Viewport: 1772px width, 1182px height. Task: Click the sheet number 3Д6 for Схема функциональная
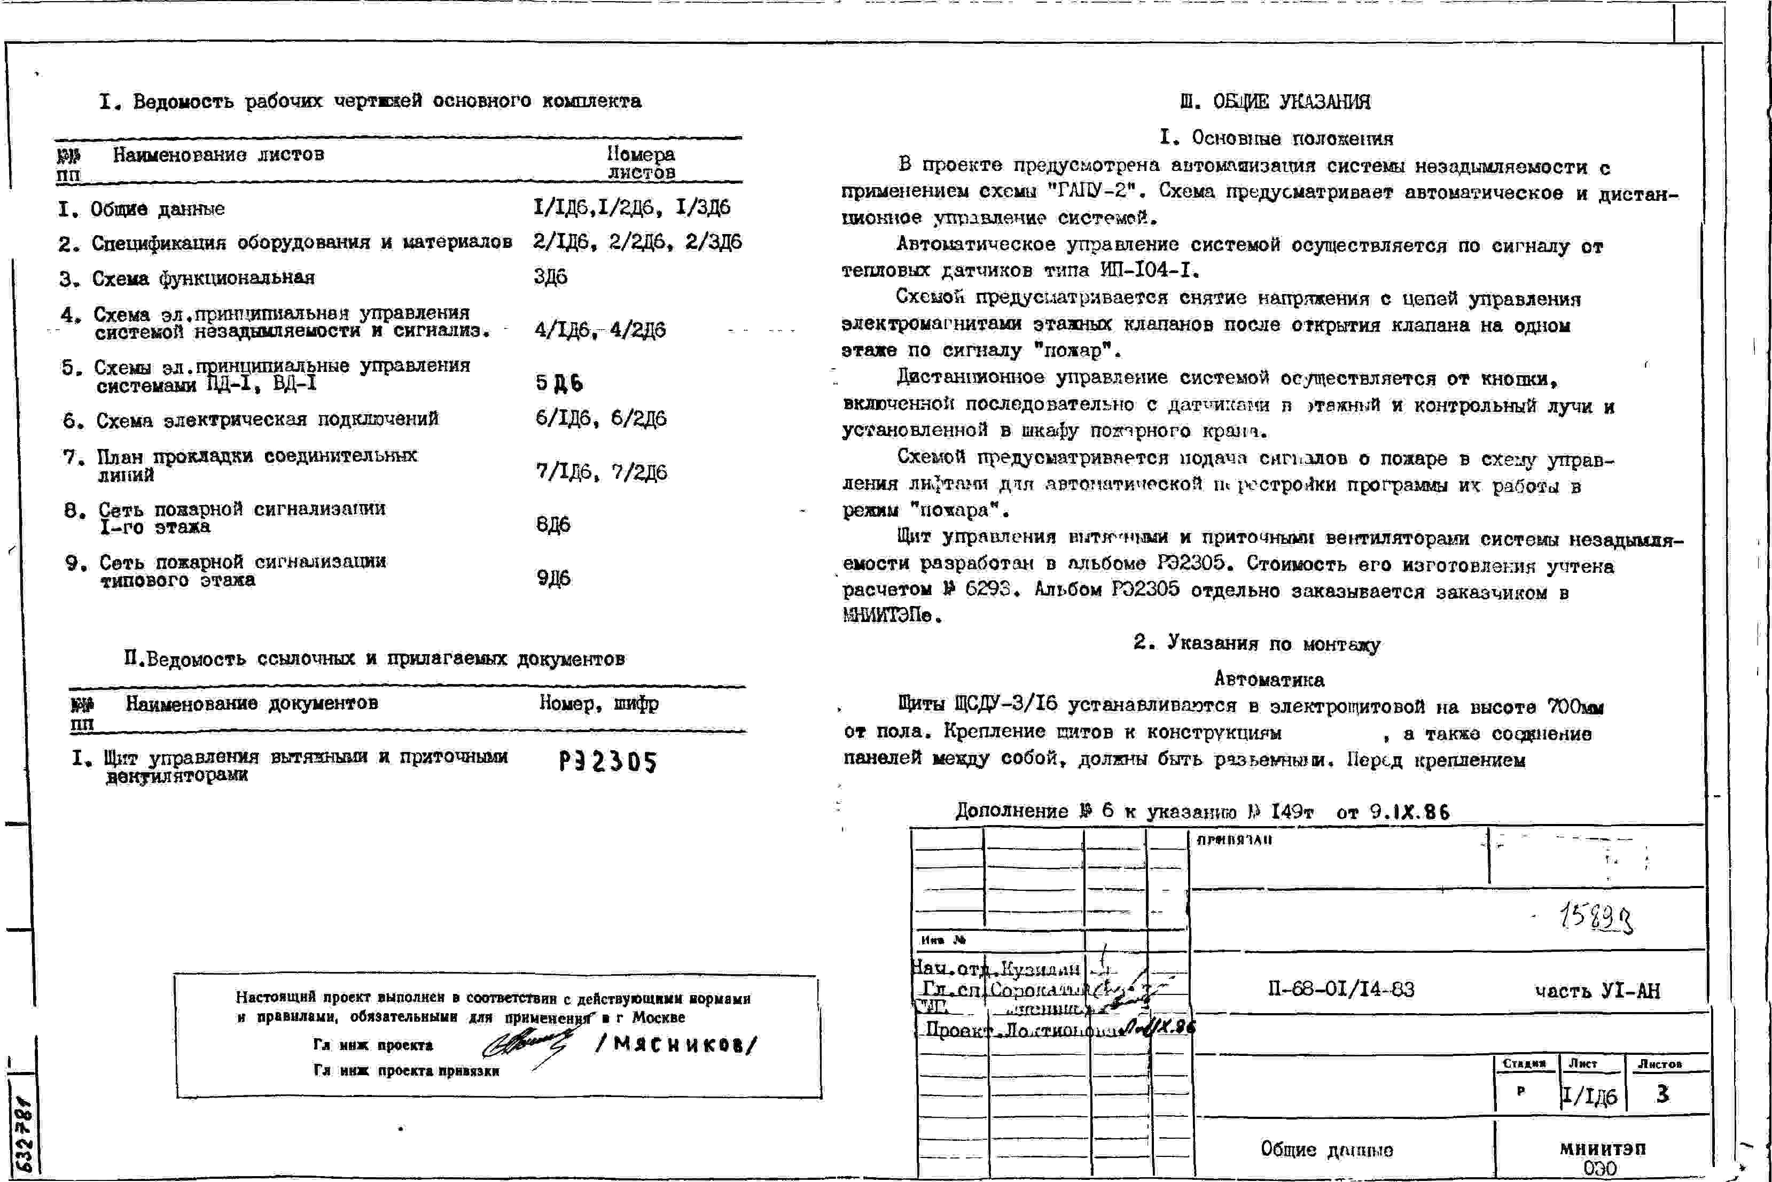coord(551,277)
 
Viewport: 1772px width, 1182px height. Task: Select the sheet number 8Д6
coord(553,524)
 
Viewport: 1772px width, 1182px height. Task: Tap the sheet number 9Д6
coord(554,578)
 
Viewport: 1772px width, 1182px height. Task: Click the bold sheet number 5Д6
coord(559,383)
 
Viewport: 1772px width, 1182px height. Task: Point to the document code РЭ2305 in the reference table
coord(608,762)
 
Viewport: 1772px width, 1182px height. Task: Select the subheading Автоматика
coord(1269,679)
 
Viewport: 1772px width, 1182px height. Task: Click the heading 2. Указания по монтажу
coord(1256,643)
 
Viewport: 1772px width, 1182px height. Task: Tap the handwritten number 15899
coord(1596,918)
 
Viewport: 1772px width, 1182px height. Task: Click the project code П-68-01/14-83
coord(1341,989)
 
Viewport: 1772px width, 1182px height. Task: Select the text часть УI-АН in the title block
coord(1597,991)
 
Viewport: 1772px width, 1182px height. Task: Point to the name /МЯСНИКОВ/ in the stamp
coord(676,1045)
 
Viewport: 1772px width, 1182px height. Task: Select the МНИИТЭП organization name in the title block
coord(1603,1148)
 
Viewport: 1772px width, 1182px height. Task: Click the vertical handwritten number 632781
coord(24,1134)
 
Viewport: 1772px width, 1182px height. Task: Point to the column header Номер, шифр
coord(599,703)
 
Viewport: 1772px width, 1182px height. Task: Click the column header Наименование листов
coord(218,154)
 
